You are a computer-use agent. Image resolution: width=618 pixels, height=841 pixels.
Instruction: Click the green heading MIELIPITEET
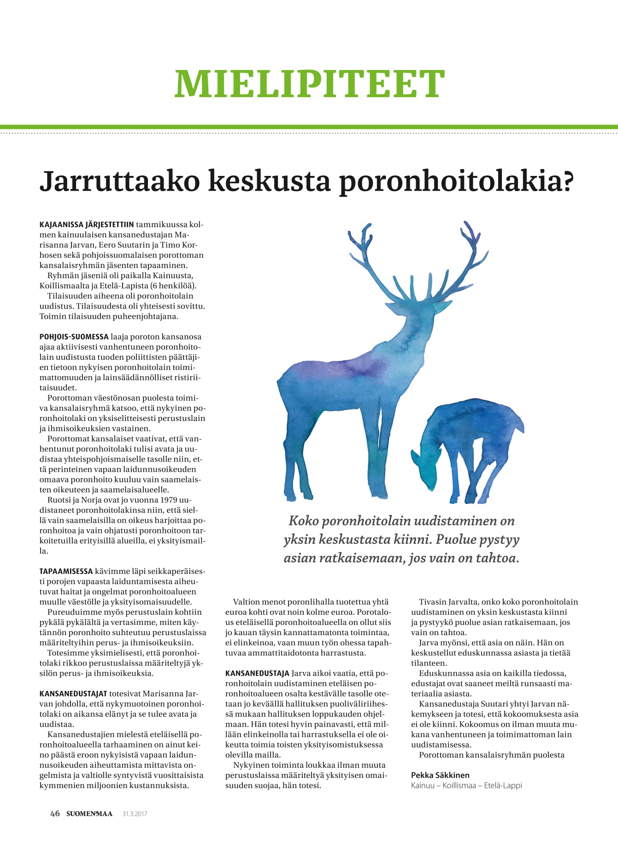[309, 84]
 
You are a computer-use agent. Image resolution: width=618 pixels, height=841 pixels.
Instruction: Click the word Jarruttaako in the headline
[119, 181]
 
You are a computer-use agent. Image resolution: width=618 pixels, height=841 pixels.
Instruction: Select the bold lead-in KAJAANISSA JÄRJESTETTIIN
[87, 225]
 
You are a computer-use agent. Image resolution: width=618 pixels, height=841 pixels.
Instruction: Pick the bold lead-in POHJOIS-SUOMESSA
[74, 337]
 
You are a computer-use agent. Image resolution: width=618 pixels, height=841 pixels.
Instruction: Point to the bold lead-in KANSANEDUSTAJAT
[73, 694]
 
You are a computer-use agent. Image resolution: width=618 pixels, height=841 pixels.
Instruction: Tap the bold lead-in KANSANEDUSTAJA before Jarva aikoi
[257, 673]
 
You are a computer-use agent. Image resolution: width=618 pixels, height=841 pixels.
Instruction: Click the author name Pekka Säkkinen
[440, 775]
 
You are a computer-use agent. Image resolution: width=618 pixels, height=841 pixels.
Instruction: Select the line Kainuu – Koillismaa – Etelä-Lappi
[466, 786]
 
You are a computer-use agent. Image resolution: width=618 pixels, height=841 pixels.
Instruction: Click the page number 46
[55, 813]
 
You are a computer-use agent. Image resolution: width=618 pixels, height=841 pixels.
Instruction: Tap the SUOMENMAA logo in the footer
[89, 814]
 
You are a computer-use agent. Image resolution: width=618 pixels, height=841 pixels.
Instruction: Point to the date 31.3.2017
[135, 814]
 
